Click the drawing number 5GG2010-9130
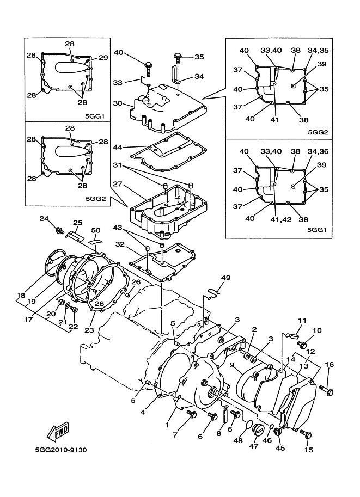pyautogui.click(x=54, y=450)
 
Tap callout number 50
pyautogui.click(x=96, y=231)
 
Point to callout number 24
pyautogui.click(x=44, y=218)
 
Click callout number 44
pyautogui.click(x=118, y=147)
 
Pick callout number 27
pyautogui.click(x=118, y=185)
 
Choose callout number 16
pyautogui.click(x=330, y=364)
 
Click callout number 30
pyautogui.click(x=118, y=103)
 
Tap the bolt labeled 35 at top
pyautogui.click(x=178, y=56)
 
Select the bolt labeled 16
pyautogui.click(x=326, y=389)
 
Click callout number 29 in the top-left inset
pyautogui.click(x=103, y=58)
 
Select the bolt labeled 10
pyautogui.click(x=303, y=345)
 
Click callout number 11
pyautogui.click(x=302, y=321)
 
